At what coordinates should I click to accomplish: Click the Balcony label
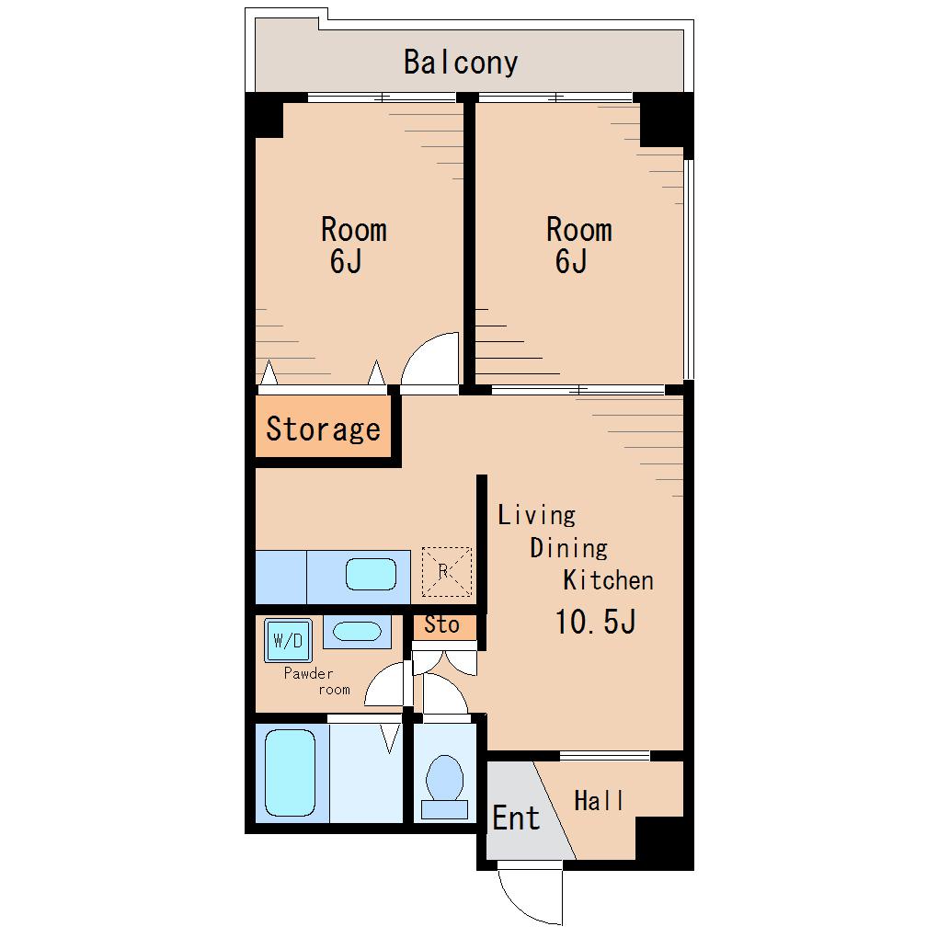(461, 63)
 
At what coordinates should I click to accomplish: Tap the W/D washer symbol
(288, 641)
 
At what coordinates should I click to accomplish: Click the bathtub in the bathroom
(290, 772)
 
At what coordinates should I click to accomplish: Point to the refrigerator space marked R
(446, 572)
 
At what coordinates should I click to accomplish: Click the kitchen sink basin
(371, 574)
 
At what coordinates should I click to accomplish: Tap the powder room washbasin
(357, 632)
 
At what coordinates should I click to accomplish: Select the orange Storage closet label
(323, 429)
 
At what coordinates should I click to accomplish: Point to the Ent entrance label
(516, 818)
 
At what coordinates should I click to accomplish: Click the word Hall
(599, 800)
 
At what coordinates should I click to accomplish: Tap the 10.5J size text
(595, 622)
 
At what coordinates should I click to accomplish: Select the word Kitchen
(608, 579)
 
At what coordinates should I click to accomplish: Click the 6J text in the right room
(571, 261)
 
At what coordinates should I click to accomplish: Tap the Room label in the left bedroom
(353, 230)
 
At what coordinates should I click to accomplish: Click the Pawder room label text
(317, 681)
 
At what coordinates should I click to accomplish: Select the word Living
(537, 516)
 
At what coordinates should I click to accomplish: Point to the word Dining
(569, 548)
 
